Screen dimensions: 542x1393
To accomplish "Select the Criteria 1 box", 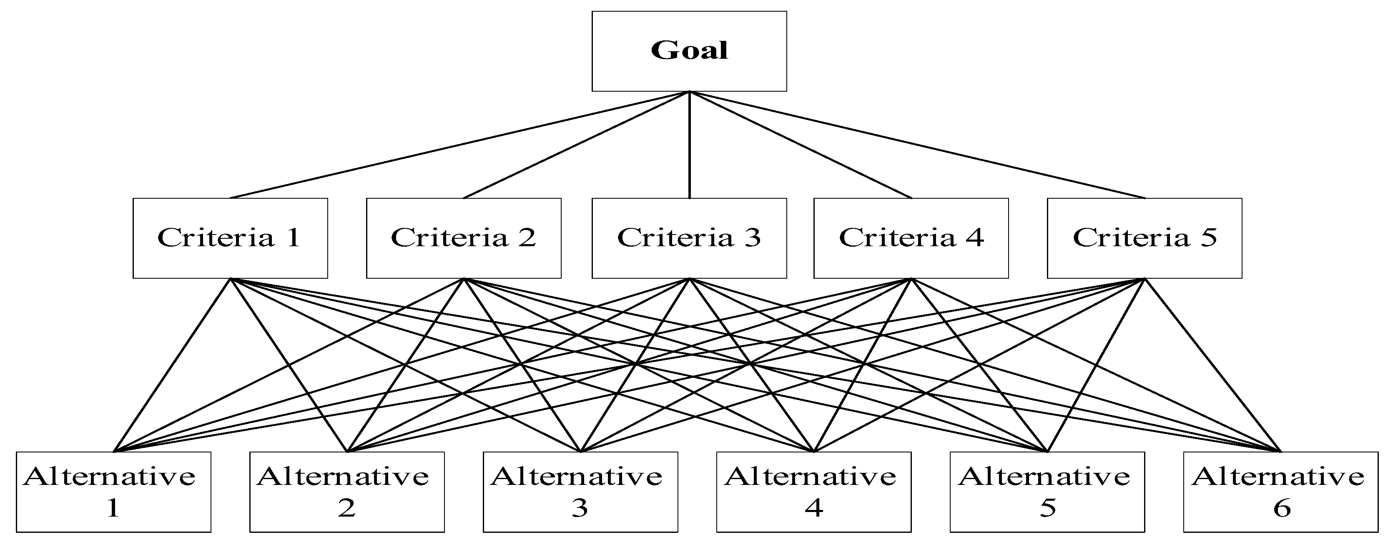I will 231,238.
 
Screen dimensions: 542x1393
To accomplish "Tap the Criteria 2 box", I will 464,238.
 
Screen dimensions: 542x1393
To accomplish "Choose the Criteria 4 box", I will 911,238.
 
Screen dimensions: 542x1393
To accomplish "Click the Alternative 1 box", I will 113,492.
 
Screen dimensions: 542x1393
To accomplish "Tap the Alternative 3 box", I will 580,492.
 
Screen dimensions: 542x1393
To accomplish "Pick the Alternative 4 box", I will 814,492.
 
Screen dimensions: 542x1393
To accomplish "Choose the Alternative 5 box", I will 1047,492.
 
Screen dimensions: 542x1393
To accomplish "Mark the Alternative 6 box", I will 1280,492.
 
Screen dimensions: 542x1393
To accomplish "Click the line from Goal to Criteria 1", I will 459,145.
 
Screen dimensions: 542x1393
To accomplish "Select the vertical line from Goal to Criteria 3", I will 690,145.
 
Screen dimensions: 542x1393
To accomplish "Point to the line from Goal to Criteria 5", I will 918,145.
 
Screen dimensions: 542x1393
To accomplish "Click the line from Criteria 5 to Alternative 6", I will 1213,365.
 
